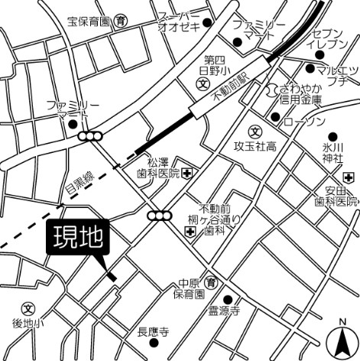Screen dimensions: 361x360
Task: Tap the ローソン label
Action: click(x=303, y=122)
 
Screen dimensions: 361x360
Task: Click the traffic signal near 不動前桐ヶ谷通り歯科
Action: click(x=161, y=215)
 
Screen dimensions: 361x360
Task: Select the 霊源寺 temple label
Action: click(x=225, y=311)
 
